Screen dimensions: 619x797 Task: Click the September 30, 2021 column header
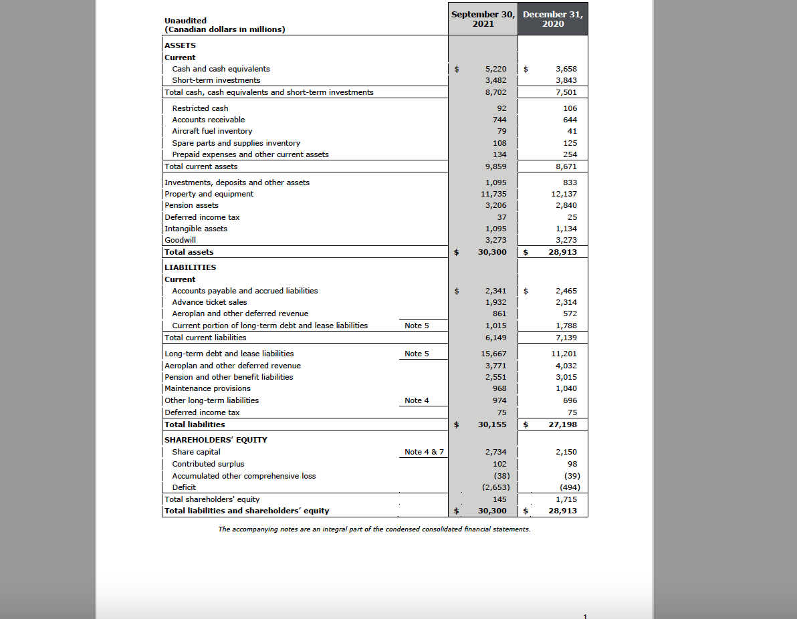483,19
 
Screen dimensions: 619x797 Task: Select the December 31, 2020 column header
553,19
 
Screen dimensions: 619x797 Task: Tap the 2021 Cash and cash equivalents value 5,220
495,69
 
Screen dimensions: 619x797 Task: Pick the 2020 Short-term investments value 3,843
566,80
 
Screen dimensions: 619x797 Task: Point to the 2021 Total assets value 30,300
492,252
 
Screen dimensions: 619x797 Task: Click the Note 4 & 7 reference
425,452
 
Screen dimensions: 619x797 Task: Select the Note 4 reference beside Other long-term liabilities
417,400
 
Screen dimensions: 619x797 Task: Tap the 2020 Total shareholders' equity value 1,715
566,499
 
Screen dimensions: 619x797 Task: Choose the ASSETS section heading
180,45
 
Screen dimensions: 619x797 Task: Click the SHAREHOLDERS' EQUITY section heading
215,440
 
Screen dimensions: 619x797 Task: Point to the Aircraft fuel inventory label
212,131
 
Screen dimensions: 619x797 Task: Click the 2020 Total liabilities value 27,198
562,424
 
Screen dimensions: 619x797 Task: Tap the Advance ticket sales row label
209,302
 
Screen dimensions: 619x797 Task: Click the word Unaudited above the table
185,21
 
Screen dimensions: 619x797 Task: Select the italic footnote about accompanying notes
374,529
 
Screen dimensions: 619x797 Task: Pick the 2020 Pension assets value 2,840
566,205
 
